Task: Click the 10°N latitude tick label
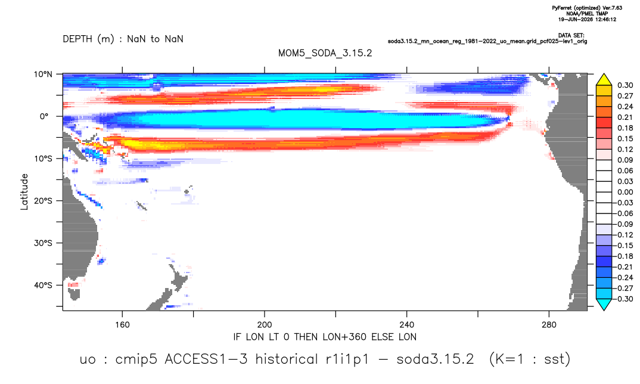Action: click(x=42, y=75)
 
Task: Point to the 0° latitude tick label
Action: click(x=44, y=116)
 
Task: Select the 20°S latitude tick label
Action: click(x=42, y=201)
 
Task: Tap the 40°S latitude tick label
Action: click(x=42, y=285)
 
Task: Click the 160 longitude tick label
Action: click(x=122, y=325)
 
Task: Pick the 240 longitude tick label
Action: click(x=407, y=325)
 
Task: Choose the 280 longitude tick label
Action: click(x=549, y=325)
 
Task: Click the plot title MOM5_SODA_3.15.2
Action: click(x=325, y=54)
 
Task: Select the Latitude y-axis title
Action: click(x=24, y=192)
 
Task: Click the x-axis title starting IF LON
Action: click(x=325, y=337)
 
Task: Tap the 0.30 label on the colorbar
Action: click(x=625, y=85)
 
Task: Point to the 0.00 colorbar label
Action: click(x=625, y=192)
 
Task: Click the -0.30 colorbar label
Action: click(x=623, y=299)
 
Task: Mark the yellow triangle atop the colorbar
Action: click(x=604, y=80)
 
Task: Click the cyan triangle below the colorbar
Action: click(x=604, y=304)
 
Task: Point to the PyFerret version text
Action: click(x=587, y=8)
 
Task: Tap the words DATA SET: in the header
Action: click(x=571, y=36)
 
